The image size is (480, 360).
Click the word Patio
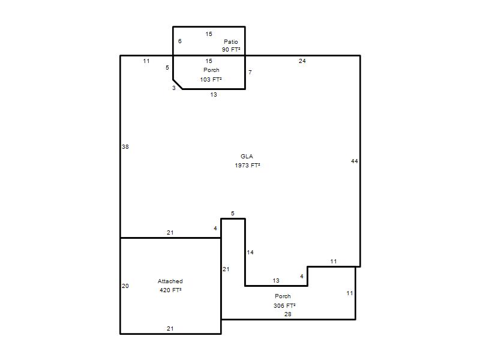pyautogui.click(x=231, y=41)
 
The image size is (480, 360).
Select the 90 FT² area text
pyautogui.click(x=231, y=50)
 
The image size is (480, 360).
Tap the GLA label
pyautogui.click(x=247, y=157)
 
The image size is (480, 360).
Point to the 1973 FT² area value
pyautogui.click(x=247, y=166)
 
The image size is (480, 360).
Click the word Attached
pyautogui.click(x=170, y=281)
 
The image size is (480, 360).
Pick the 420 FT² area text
pyautogui.click(x=170, y=290)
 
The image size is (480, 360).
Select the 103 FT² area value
pyautogui.click(x=211, y=80)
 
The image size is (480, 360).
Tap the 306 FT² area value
pyautogui.click(x=284, y=305)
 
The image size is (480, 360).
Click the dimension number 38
pyautogui.click(x=125, y=147)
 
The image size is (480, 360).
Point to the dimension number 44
pyautogui.click(x=355, y=161)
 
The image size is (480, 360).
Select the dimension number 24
pyautogui.click(x=302, y=61)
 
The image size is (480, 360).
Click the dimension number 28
pyautogui.click(x=288, y=314)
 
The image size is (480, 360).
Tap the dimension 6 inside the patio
pyautogui.click(x=179, y=41)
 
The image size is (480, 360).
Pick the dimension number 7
pyautogui.click(x=250, y=72)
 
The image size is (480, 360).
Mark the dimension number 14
pyautogui.click(x=250, y=252)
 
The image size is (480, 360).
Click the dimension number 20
pyautogui.click(x=125, y=286)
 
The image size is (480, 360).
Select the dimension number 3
pyautogui.click(x=174, y=88)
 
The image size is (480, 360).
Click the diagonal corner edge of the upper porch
pyautogui.click(x=178, y=84)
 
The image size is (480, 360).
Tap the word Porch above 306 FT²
pyautogui.click(x=283, y=296)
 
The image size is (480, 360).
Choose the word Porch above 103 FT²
pyautogui.click(x=211, y=70)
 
